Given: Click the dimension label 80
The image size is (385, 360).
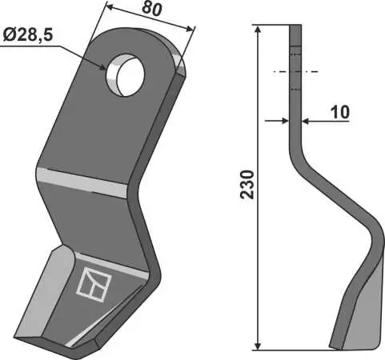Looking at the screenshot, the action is (152, 9).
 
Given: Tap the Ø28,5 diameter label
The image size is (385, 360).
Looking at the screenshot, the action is (28, 35).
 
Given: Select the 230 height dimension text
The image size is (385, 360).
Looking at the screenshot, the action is (247, 184).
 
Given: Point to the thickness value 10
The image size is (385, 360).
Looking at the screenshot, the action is (340, 112).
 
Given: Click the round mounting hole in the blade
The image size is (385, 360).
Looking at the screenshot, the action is (125, 75).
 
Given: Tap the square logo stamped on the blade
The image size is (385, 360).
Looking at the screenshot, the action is (94, 284).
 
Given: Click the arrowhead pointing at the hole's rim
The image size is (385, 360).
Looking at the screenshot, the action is (102, 67).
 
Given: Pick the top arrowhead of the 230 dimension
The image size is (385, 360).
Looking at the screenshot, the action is (258, 30).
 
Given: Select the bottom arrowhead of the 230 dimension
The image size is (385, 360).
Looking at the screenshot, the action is (258, 346).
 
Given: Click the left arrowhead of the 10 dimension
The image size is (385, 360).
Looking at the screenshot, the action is (285, 121).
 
